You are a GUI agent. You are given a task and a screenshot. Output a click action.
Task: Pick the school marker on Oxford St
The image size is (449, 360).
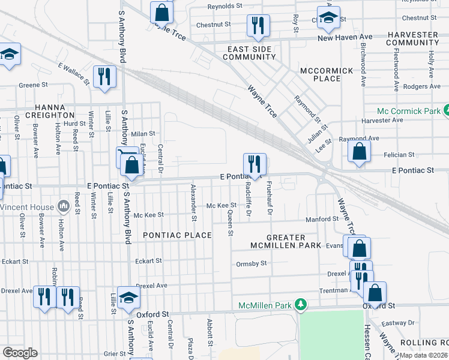[x=128, y=298]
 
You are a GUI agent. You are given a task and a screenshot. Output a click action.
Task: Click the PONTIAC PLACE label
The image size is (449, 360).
[x=177, y=235]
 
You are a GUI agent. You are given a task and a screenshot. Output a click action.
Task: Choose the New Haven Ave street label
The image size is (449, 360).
[x=345, y=37]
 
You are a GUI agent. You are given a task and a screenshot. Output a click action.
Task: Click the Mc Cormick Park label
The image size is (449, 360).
[x=409, y=112]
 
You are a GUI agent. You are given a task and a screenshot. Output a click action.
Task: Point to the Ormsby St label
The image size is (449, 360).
[x=251, y=263]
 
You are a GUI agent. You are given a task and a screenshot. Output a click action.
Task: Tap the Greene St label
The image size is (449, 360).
[x=29, y=85]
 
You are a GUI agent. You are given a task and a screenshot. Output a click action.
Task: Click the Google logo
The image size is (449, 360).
[x=20, y=353]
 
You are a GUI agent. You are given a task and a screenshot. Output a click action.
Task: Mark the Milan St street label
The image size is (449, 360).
[x=143, y=134]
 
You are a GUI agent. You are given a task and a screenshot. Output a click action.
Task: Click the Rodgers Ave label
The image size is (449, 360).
[x=422, y=86]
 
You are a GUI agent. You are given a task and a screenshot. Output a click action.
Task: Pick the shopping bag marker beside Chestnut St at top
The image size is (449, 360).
[x=162, y=11]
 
